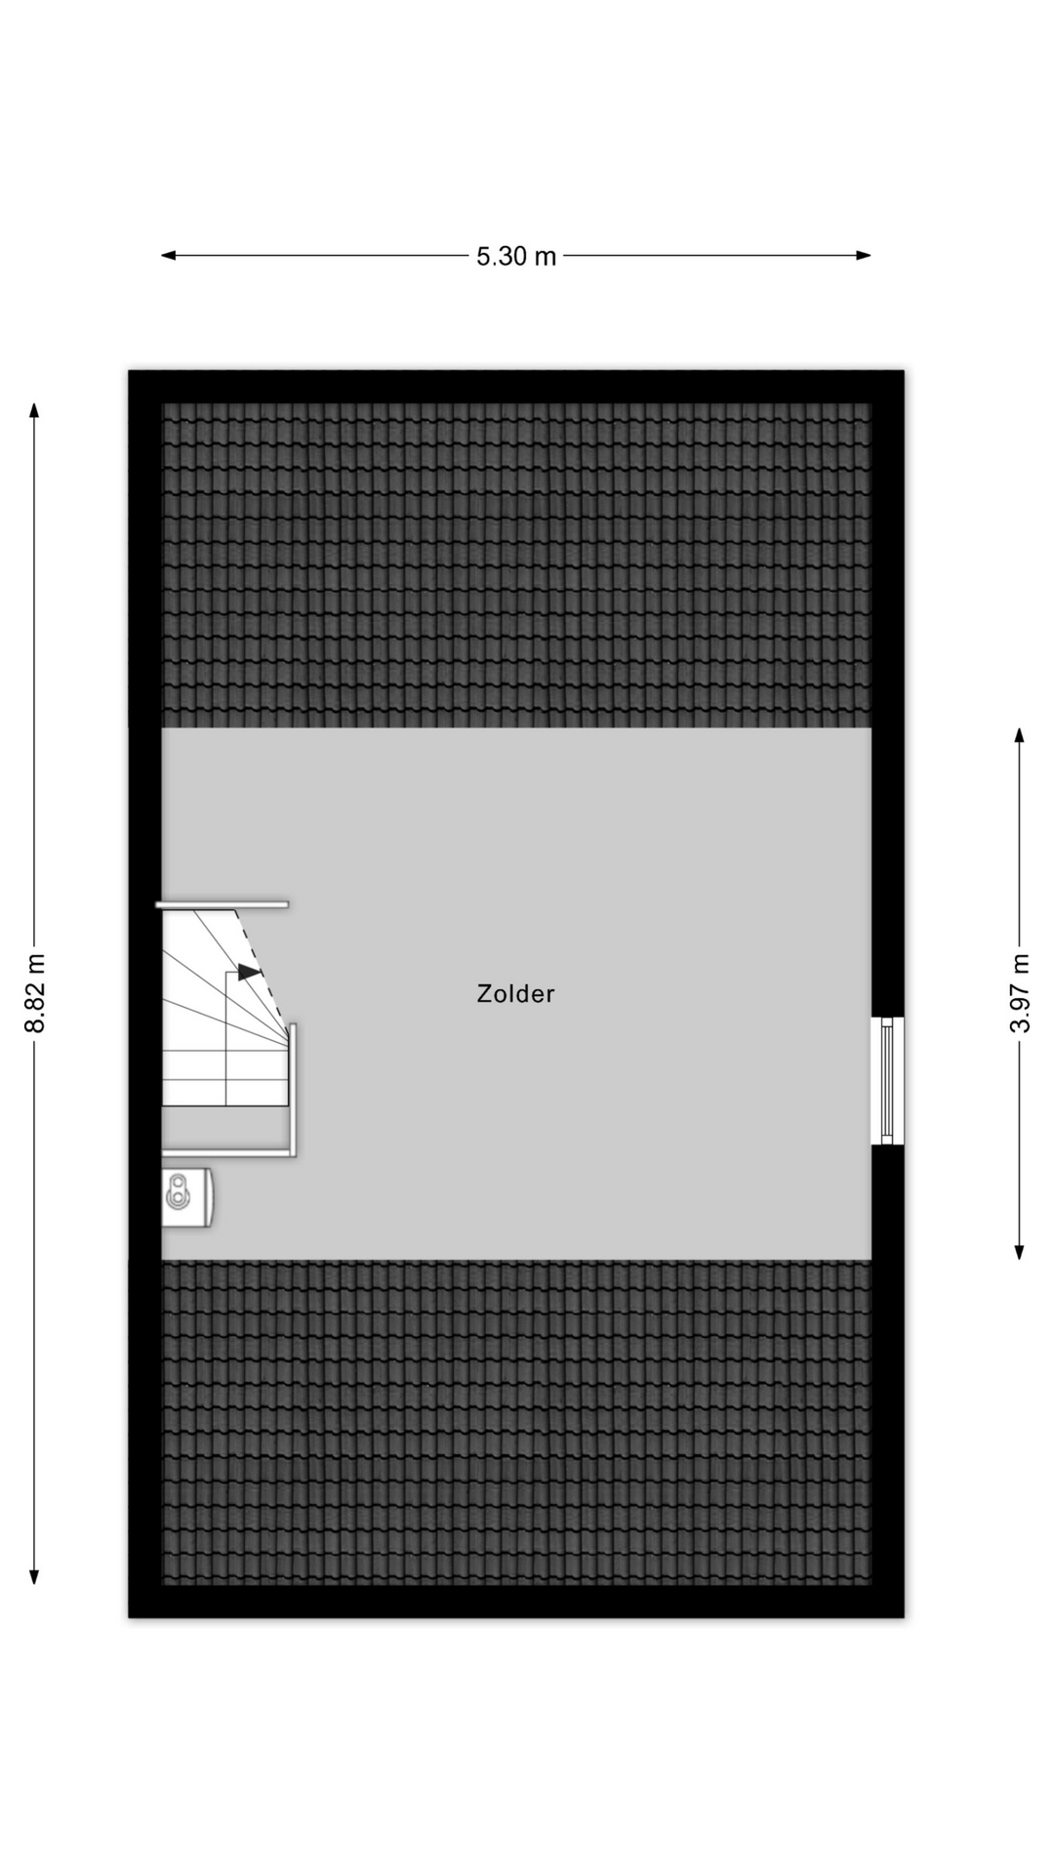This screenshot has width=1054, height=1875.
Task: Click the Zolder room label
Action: click(515, 994)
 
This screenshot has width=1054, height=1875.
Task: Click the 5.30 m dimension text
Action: click(515, 257)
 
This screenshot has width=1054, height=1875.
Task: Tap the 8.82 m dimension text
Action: click(35, 992)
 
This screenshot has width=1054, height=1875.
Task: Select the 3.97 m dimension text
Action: click(1020, 992)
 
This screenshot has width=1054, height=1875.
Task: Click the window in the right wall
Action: click(887, 1080)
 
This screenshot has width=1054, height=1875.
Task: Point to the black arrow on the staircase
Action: click(249, 973)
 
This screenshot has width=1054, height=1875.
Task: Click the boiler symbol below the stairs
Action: click(186, 1195)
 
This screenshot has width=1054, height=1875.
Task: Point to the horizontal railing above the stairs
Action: click(223, 905)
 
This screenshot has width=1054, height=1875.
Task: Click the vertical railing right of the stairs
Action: click(293, 1089)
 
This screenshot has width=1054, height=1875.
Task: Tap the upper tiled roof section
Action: click(515, 566)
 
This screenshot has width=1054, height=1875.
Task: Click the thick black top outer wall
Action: click(515, 387)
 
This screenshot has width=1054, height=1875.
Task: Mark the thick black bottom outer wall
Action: click(515, 1602)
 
